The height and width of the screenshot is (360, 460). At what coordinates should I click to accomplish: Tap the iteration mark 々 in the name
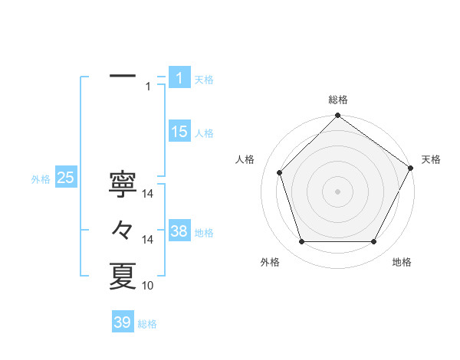(123, 229)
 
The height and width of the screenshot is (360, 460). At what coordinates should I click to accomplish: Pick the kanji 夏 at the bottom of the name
(123, 276)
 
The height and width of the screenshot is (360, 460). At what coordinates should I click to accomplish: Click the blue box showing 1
(179, 77)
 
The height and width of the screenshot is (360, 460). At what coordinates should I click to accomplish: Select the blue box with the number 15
(179, 132)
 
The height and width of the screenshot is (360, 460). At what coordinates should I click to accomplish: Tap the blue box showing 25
(65, 178)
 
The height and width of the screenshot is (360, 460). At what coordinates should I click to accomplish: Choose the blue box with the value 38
(179, 231)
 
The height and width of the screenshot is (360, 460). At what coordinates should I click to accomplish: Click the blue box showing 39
(123, 322)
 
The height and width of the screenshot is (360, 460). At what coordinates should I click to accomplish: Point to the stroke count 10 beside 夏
(149, 286)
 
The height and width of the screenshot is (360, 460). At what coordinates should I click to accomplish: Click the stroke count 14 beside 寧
(149, 195)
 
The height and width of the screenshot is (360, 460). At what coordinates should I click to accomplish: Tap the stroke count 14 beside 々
(149, 240)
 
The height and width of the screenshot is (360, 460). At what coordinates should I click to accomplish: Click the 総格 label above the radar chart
(338, 100)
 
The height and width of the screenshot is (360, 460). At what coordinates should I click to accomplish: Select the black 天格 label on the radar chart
(432, 159)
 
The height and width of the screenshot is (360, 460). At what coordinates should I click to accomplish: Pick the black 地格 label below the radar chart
(402, 262)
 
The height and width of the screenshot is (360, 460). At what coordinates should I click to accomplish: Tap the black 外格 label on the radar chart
(270, 262)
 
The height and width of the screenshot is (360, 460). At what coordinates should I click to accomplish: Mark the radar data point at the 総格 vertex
(337, 117)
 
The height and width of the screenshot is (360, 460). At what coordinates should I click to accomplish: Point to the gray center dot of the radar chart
(337, 191)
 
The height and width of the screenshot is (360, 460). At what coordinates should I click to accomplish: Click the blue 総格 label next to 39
(147, 324)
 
